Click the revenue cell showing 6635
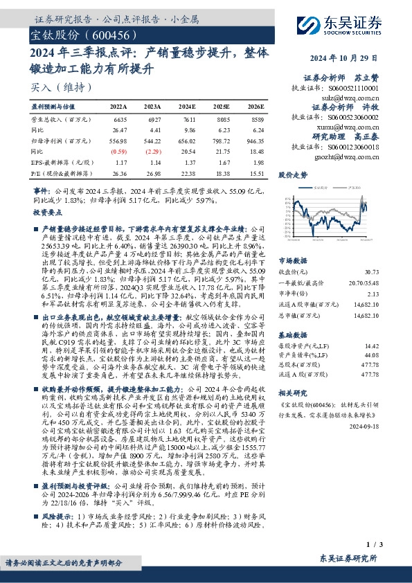click(120, 119)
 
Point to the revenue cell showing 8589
click(256, 119)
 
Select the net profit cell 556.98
click(120, 140)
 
